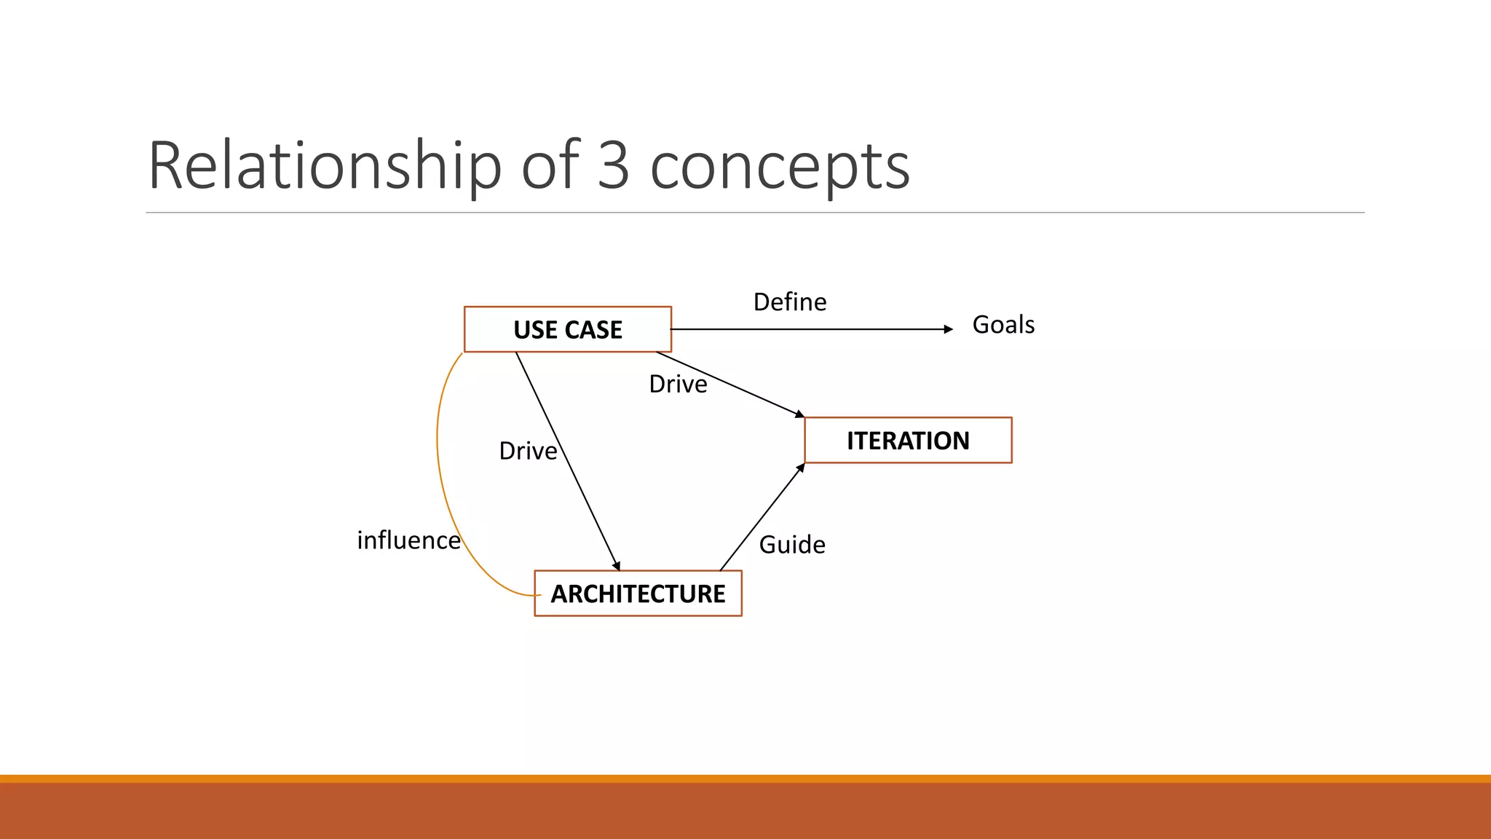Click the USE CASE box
tap(568, 329)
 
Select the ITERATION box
tap(908, 441)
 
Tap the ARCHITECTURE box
tap(638, 594)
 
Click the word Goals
tap(1003, 325)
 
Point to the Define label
tap(790, 302)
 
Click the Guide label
tap(792, 545)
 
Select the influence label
tap(408, 540)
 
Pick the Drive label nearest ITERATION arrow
tap(678, 384)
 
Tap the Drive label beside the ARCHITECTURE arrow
tap(528, 451)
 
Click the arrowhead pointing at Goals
tap(948, 329)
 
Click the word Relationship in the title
tap(325, 166)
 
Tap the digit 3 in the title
tap(613, 166)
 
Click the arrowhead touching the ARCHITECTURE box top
tap(617, 565)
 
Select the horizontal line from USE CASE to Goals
tap(808, 329)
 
